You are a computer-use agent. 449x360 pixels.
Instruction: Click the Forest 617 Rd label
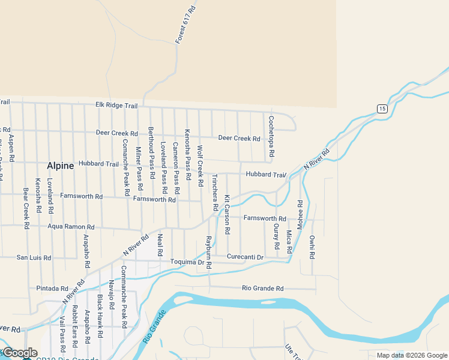[187, 25]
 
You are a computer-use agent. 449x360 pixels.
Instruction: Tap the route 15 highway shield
[382, 108]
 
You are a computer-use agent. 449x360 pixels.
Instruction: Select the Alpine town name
[61, 166]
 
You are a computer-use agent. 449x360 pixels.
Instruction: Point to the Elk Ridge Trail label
[116, 106]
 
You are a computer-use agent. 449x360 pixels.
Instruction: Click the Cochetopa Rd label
[271, 137]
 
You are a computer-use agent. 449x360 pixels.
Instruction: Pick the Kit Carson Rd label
[228, 214]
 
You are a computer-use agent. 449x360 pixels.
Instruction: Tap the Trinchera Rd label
[214, 194]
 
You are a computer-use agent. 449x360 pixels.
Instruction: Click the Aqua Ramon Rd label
[71, 227]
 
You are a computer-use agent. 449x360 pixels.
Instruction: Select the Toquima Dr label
[188, 262]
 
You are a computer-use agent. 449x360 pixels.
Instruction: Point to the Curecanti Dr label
[246, 257]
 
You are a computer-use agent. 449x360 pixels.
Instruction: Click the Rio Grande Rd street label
[263, 289]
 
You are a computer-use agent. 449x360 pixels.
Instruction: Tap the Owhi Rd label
[312, 247]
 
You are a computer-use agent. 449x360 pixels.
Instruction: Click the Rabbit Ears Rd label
[75, 327]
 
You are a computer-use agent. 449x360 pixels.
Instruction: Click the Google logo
[20, 353]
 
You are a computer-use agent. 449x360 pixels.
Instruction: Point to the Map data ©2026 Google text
[411, 355]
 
